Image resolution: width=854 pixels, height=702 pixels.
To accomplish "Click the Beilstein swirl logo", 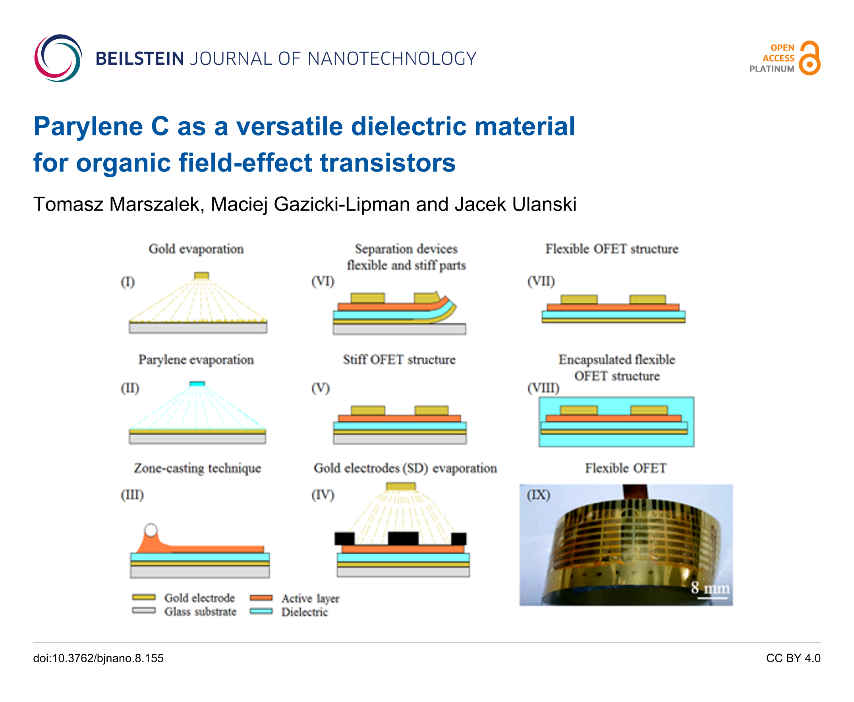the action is pos(58,58).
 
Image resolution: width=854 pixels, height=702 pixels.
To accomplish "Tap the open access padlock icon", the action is pos(810,58).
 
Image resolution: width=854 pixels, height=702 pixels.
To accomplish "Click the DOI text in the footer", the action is pos(98,658).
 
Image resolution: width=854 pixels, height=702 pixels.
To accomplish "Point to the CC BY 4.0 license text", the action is pos(793,658).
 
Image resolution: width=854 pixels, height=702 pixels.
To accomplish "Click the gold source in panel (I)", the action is pos(201,276).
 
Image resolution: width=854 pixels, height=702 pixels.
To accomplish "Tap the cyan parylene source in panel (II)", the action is pos(197,383).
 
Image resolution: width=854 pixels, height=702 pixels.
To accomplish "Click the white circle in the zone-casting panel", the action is pos(151,530).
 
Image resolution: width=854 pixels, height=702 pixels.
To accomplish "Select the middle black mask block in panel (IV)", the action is pos(403,538).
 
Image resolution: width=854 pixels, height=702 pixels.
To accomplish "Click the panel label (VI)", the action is pos(323,281).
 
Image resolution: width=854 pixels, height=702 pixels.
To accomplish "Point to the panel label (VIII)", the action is pos(543,388).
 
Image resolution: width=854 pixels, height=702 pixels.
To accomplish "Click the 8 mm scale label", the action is pos(711,588).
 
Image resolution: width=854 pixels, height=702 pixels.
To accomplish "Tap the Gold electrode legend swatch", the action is pos(144,597).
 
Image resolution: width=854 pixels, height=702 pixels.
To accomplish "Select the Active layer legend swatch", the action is pos(261,598).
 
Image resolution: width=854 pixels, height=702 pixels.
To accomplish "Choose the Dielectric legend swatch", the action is pos(261,611).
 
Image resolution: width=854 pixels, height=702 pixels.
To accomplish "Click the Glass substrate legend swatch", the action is pos(144,611).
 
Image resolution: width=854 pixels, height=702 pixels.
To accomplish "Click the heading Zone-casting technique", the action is pos(198,468).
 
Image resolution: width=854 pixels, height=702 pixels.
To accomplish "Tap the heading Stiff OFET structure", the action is pos(400,360).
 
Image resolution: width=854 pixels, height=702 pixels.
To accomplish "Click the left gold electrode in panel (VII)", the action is pos(579,300).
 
